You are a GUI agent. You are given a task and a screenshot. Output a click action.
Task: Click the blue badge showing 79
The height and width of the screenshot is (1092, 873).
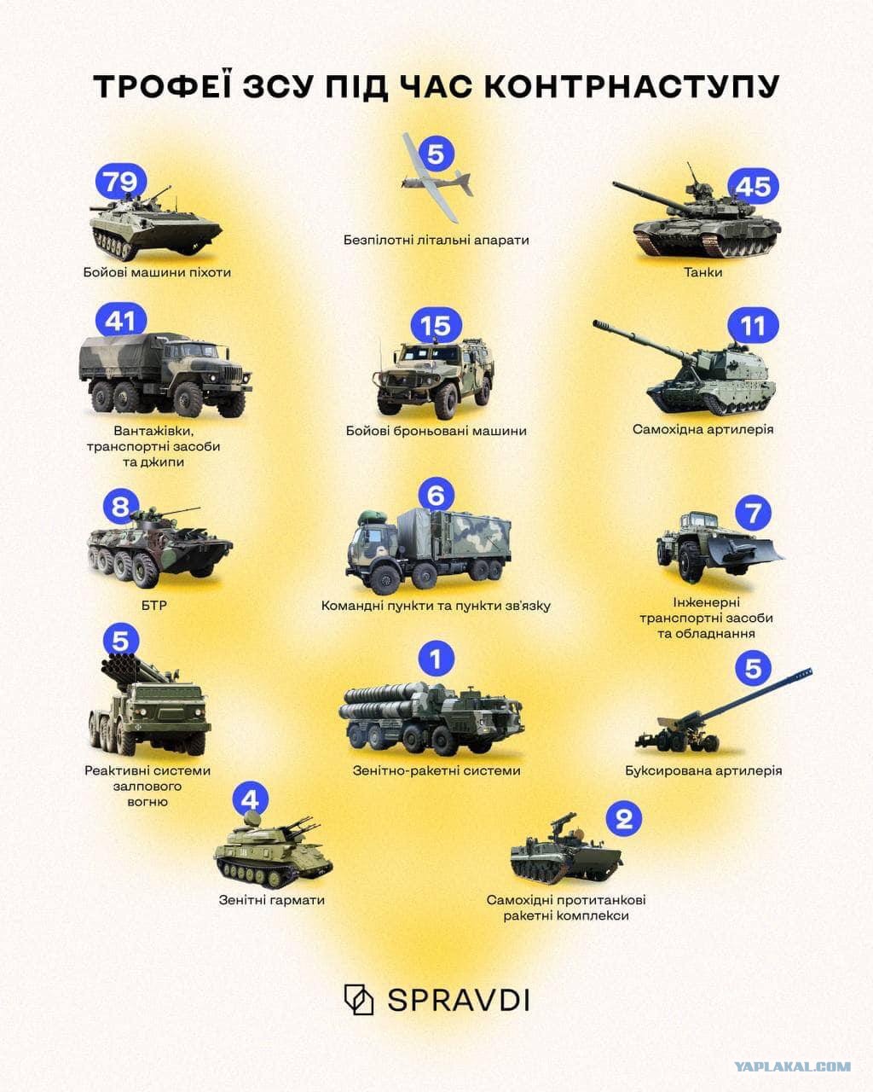(x=121, y=182)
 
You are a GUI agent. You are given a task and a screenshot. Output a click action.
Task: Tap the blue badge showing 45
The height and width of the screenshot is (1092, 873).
(x=754, y=186)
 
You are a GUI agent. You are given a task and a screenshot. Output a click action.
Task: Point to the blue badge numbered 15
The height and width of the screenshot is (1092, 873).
(x=436, y=326)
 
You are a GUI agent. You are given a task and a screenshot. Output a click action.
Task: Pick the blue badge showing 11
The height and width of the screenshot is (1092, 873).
(x=754, y=326)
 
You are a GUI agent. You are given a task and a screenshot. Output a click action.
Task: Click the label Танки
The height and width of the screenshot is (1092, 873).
(x=703, y=272)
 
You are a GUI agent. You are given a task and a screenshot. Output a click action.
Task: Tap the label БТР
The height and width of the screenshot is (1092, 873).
(x=154, y=606)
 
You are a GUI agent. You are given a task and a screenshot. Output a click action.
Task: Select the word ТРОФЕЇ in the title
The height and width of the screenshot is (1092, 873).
(x=164, y=85)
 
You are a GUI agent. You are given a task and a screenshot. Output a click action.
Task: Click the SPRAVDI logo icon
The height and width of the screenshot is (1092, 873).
(x=359, y=999)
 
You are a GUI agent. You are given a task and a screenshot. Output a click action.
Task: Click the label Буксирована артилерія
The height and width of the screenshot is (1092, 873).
(x=703, y=770)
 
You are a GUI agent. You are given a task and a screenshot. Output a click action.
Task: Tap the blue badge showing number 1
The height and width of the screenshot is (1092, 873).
(x=436, y=659)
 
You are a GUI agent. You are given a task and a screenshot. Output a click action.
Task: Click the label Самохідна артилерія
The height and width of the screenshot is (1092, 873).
(x=703, y=429)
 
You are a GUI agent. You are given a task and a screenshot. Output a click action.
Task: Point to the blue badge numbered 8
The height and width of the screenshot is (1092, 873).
(x=121, y=507)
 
